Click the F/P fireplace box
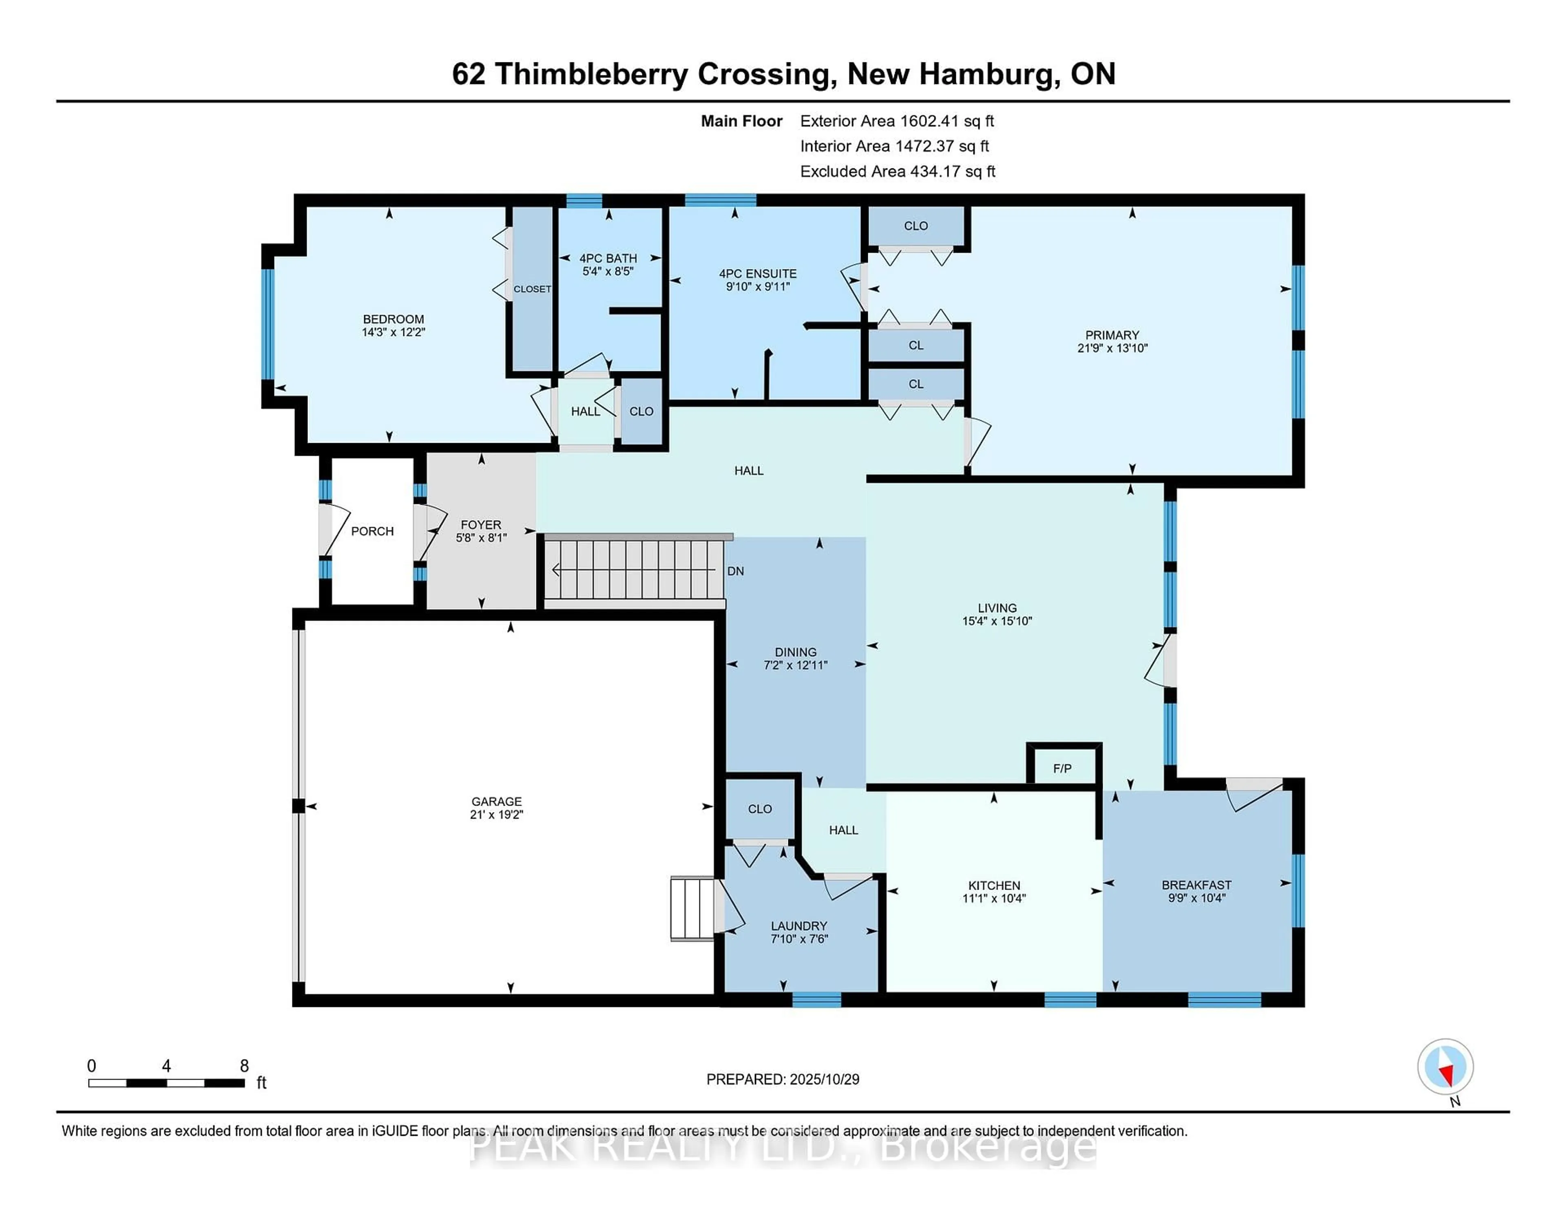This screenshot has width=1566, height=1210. (1063, 768)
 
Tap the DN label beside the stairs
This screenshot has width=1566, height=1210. (736, 571)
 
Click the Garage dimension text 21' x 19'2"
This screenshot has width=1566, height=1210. (496, 814)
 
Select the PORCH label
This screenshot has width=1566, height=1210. (372, 531)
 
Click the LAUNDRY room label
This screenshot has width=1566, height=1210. (799, 925)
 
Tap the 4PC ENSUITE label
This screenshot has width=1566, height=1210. (758, 274)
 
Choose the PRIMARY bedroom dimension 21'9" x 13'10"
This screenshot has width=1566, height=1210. (1112, 349)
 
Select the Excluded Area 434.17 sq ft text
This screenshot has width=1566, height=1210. (897, 171)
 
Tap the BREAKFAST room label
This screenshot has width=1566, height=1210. (1197, 885)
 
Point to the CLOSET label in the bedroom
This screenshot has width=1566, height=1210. (532, 289)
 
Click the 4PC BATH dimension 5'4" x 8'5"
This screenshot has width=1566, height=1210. (608, 271)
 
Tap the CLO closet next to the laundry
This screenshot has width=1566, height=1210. (759, 808)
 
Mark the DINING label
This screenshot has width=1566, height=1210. (795, 651)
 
